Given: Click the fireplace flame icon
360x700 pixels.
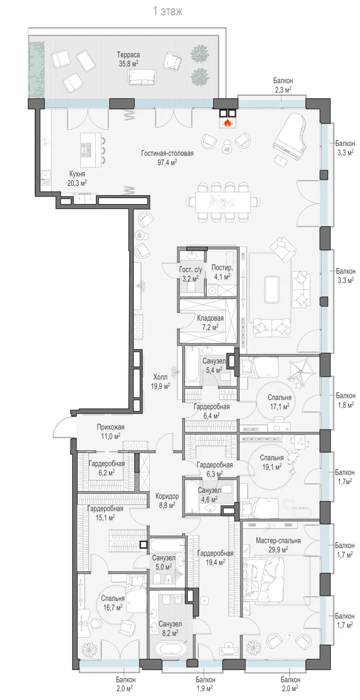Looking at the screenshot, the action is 228,123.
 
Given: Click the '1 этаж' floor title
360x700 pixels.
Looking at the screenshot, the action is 168,12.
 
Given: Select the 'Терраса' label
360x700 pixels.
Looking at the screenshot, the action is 128,55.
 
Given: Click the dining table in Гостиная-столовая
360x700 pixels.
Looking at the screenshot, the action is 223,202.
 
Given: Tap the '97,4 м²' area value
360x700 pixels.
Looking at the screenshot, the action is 167,162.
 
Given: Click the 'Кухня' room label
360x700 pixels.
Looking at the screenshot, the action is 77,174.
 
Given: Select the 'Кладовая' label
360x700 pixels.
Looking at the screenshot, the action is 210,318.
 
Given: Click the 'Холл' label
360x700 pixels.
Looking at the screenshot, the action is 160,377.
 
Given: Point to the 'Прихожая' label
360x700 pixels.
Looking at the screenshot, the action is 110,427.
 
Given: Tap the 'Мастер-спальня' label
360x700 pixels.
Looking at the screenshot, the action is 278,540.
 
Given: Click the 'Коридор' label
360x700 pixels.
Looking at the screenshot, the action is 167,496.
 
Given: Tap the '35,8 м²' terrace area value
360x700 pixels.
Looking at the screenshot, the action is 128,63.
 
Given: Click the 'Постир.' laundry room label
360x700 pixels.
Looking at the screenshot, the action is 222,268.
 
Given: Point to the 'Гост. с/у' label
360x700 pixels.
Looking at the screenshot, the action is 191,270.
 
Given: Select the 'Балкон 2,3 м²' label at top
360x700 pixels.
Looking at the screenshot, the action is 283,85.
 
